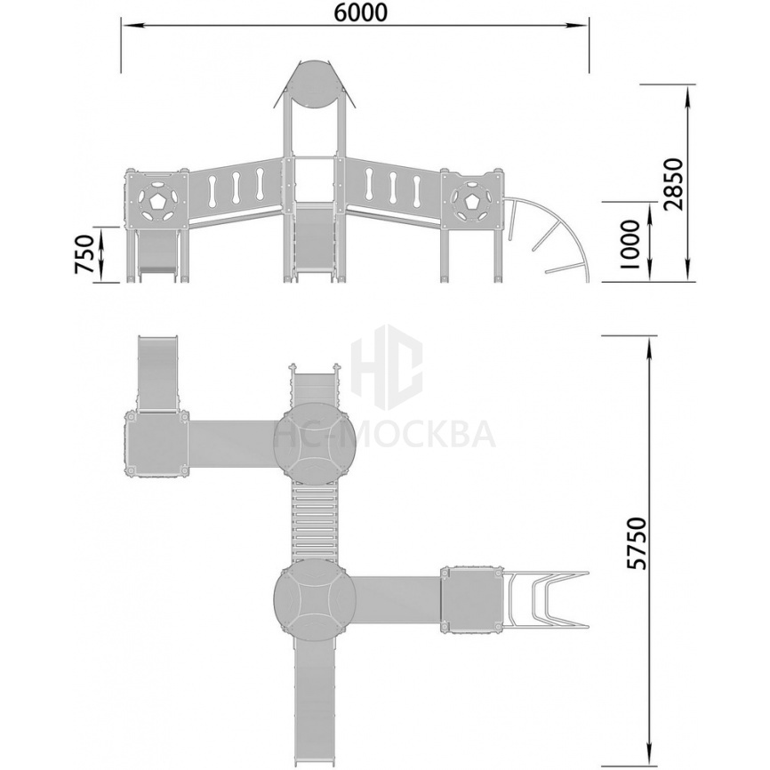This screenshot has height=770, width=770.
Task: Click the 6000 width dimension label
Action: coord(360,13)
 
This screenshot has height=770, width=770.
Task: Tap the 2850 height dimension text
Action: coord(672,184)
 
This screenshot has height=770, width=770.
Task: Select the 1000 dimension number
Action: coord(630,244)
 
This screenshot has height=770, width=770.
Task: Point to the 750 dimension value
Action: coord(84,254)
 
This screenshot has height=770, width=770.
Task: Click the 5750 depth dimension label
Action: coord(638,543)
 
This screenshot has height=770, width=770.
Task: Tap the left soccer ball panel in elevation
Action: coord(156,200)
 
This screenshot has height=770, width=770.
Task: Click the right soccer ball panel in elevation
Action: coord(471,200)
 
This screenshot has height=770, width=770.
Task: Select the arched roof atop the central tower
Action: coord(314,84)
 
